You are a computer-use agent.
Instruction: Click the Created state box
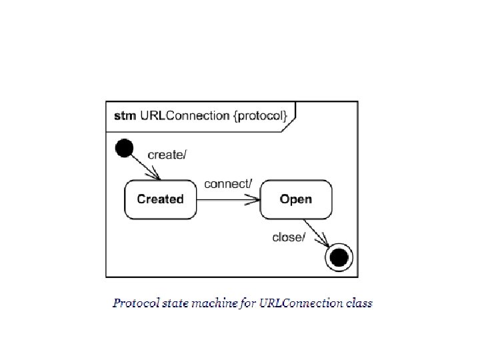[161, 199]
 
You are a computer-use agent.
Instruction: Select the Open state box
[295, 199]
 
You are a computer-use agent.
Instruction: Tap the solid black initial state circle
[124, 147]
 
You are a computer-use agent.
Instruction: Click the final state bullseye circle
[339, 256]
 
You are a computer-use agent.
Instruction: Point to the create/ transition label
[167, 155]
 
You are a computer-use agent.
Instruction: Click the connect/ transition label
[228, 183]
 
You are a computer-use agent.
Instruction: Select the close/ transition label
[289, 237]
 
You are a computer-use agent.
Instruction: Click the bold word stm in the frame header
[125, 116]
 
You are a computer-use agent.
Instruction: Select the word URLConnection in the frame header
[185, 116]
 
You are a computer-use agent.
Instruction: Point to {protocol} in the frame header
[261, 116]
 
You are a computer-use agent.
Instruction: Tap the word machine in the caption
[215, 303]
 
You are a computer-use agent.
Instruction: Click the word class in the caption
[360, 303]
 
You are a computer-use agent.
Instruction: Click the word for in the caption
[247, 303]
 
